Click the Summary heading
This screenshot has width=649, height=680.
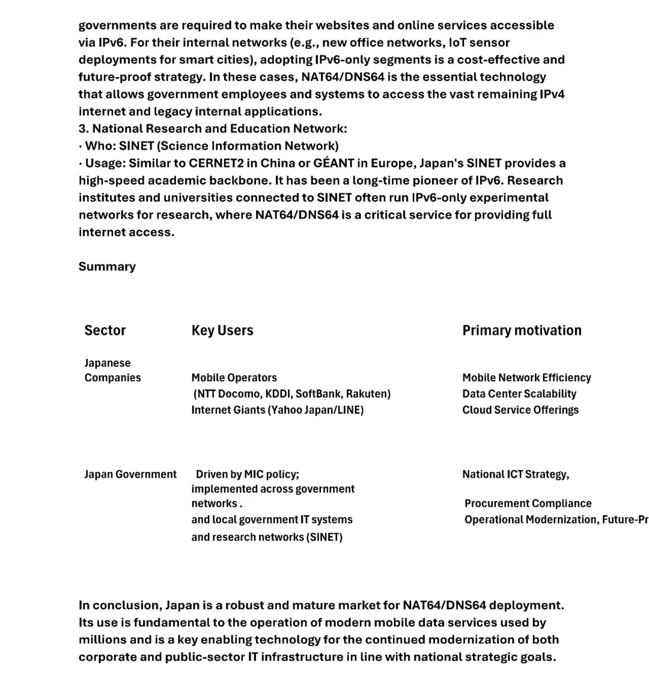(107, 266)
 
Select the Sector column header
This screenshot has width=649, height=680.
(105, 330)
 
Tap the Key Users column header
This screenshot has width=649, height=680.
(222, 330)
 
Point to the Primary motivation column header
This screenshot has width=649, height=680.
(522, 330)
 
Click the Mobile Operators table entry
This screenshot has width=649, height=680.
(234, 378)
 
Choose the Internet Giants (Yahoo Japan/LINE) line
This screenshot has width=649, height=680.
(278, 410)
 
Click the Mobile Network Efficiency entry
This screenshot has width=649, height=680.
(526, 378)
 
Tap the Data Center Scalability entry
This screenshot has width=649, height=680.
(519, 394)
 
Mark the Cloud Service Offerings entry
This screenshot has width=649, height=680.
(520, 410)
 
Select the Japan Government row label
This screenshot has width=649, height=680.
(130, 474)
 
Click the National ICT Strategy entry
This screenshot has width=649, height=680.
(516, 474)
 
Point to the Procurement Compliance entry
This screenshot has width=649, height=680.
(528, 503)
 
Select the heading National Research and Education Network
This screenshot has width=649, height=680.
(219, 128)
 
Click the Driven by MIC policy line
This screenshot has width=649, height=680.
(247, 474)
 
